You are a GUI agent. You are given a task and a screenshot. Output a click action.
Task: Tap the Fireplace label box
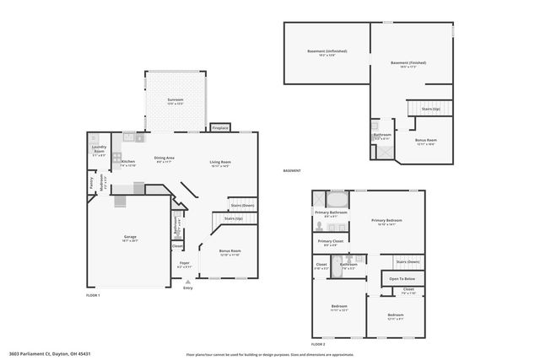[x=220, y=128]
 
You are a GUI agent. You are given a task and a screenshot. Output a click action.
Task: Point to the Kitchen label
[x=127, y=162]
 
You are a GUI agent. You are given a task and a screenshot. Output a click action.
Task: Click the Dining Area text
[x=164, y=158]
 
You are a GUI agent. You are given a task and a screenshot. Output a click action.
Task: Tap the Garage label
[x=130, y=237]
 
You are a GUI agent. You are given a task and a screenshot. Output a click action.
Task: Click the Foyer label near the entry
[x=185, y=264]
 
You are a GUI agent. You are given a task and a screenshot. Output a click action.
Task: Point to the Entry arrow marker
[x=187, y=281]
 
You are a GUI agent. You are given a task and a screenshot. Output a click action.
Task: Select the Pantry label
[x=92, y=180]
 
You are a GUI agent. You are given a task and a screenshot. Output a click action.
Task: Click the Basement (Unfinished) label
[x=327, y=51]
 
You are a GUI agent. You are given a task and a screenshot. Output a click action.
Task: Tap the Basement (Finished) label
[x=408, y=62]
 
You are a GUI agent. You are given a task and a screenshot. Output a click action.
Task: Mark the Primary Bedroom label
[x=388, y=220]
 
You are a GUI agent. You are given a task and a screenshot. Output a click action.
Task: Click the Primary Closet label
[x=330, y=242]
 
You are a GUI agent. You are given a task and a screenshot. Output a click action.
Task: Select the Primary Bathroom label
[x=332, y=212]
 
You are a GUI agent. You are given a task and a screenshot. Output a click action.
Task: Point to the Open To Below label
[x=403, y=278]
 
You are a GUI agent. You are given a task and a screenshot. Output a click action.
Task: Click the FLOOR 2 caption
[x=318, y=344]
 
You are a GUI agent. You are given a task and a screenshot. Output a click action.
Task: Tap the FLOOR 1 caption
[x=93, y=295]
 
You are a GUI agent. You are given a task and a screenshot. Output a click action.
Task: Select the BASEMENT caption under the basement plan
[x=292, y=171]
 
